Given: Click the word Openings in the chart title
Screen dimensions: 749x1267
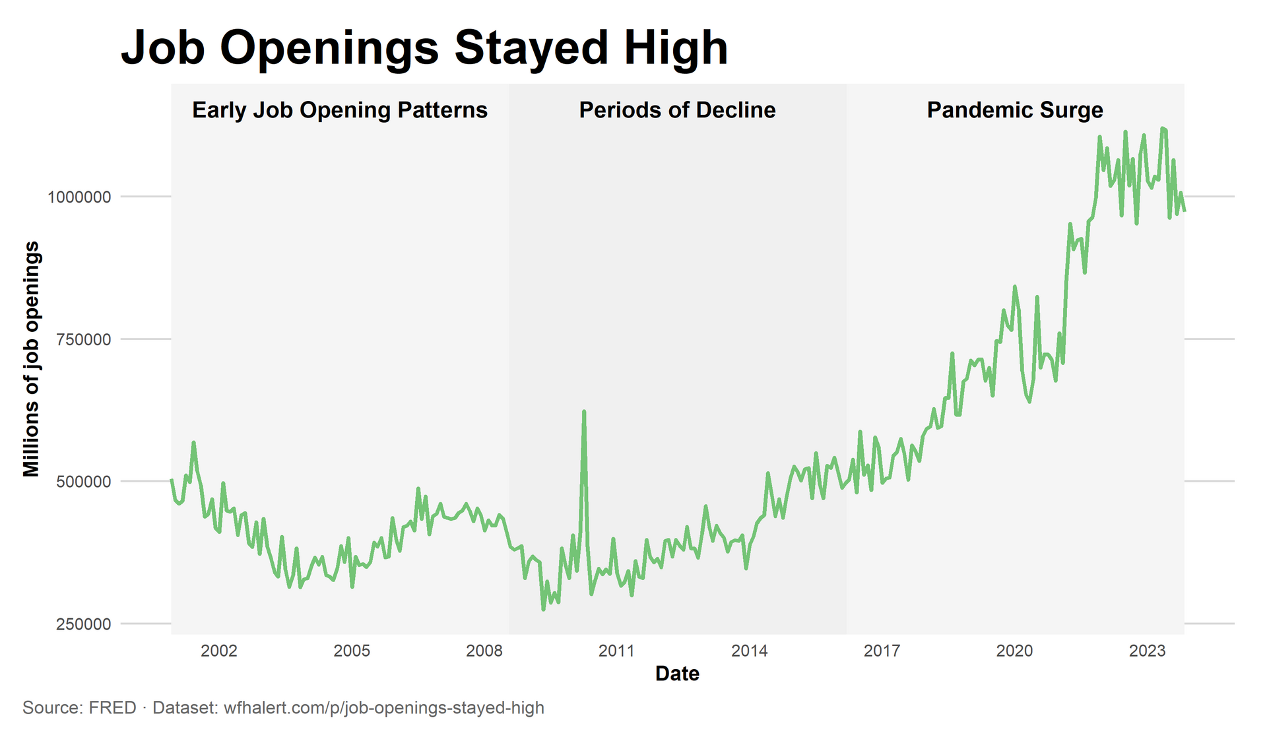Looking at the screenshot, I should [328, 49].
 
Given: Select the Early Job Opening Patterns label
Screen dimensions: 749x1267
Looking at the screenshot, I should [339, 110].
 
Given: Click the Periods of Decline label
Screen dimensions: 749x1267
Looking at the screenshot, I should [677, 110].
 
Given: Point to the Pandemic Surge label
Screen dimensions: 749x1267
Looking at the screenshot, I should [1014, 110].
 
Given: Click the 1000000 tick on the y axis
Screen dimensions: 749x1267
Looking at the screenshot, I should [79, 197].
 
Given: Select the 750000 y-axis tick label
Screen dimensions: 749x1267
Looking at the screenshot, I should [83, 340].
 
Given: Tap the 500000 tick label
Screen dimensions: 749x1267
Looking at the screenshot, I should [83, 482].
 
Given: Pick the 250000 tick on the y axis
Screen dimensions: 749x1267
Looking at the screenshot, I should [83, 624].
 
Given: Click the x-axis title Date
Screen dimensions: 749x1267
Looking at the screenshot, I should [677, 674].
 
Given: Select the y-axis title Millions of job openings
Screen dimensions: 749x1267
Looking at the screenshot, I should [32, 359].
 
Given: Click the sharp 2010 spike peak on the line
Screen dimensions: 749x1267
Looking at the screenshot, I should [584, 412].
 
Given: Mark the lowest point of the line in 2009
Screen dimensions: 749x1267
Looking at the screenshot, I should [543, 609].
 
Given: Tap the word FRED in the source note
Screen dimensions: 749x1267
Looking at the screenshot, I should [112, 708].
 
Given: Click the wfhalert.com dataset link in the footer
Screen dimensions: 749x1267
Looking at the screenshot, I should [383, 708].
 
